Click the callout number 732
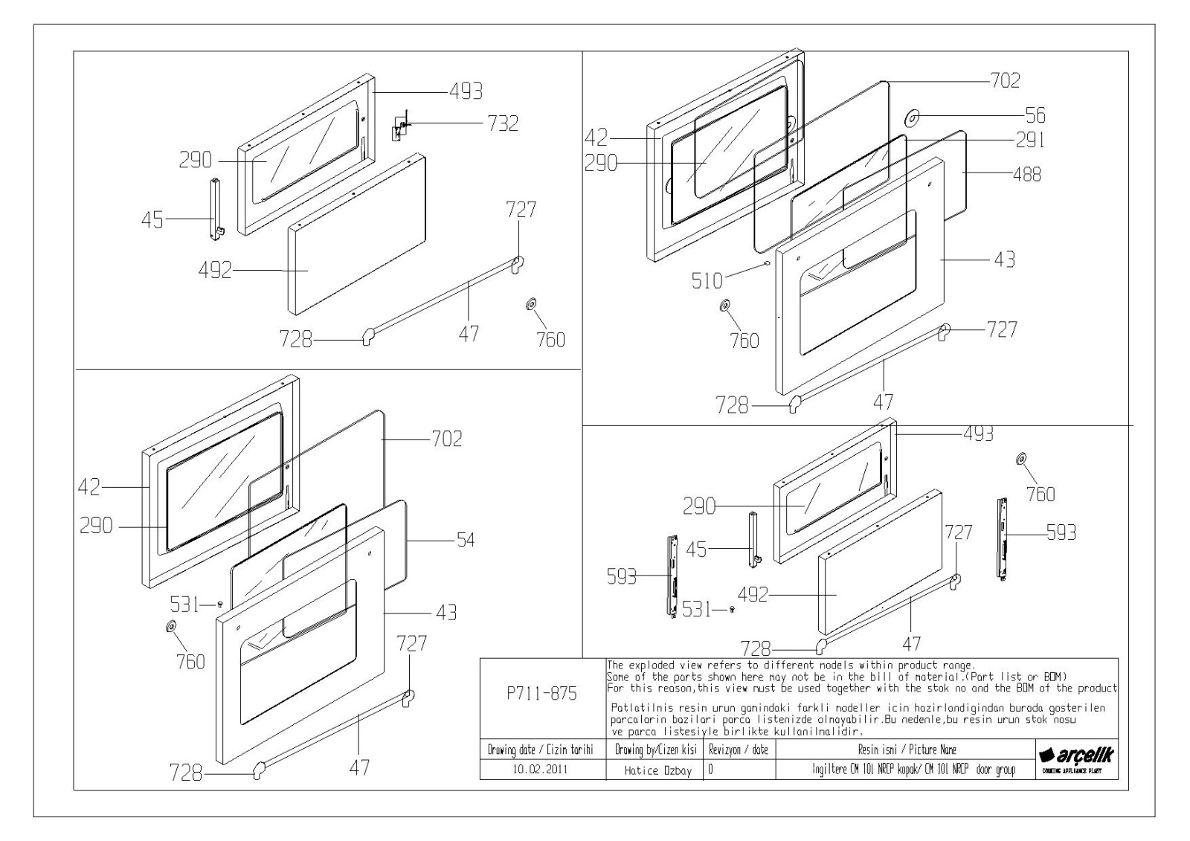[x=503, y=123]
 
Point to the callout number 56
[x=1035, y=115]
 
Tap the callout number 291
[x=1029, y=140]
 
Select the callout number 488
[x=1026, y=175]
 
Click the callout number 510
[x=707, y=280]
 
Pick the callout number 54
[x=466, y=540]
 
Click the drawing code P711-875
[x=542, y=694]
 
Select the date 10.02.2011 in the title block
[x=540, y=770]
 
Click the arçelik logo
[x=1076, y=755]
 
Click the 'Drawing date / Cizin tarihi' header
[x=540, y=750]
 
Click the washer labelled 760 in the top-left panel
[x=531, y=304]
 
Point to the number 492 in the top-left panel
[x=216, y=271]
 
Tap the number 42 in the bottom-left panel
[x=89, y=488]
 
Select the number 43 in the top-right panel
[x=1004, y=260]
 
